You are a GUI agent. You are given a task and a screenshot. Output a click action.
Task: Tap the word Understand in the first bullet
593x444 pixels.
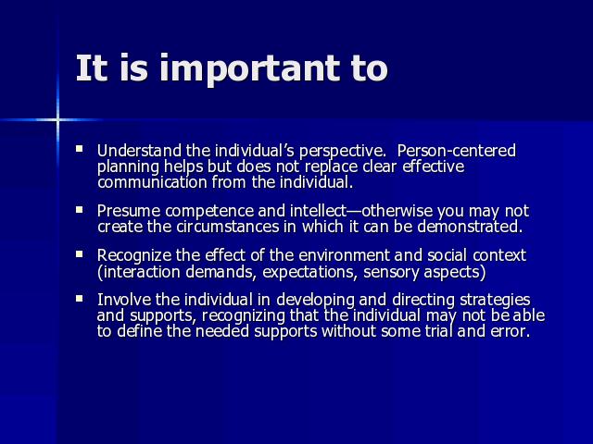tap(139, 151)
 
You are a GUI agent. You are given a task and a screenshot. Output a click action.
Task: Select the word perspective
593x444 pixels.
tap(342, 152)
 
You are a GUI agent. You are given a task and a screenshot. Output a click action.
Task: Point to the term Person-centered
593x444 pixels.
tap(457, 151)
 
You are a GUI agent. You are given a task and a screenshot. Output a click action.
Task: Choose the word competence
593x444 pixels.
tap(209, 212)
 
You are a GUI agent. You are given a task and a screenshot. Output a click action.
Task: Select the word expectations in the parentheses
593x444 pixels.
tap(310, 272)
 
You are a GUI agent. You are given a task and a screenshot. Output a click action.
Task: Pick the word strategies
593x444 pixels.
tap(495, 301)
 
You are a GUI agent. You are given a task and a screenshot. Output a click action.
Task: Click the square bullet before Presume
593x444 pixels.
tap(80, 210)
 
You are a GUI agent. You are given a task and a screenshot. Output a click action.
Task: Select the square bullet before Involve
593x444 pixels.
tap(80, 299)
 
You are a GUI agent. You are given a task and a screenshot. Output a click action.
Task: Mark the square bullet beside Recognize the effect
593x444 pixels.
tap(80, 254)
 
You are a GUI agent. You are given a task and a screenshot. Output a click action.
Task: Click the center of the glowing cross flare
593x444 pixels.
tap(57, 120)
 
